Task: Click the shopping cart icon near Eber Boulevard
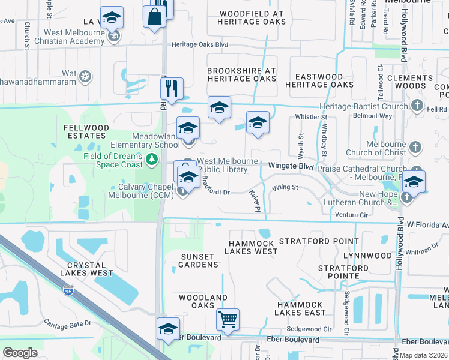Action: pyautogui.click(x=228, y=320)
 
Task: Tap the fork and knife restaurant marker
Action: pyautogui.click(x=172, y=88)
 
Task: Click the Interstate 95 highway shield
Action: pyautogui.click(x=68, y=291)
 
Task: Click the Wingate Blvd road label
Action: pyautogui.click(x=291, y=165)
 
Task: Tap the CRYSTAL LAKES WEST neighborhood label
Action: pyautogui.click(x=90, y=269)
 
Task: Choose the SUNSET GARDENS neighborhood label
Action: pyautogui.click(x=199, y=260)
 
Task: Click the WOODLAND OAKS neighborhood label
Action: pyautogui.click(x=203, y=302)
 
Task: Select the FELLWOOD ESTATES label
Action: pyautogui.click(x=87, y=132)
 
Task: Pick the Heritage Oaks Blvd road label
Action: pyautogui.click(x=200, y=44)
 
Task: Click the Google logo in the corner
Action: pyautogui.click(x=20, y=353)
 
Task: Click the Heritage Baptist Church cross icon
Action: pyautogui.click(x=418, y=106)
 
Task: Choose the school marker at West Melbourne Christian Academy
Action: pyautogui.click(x=112, y=18)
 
